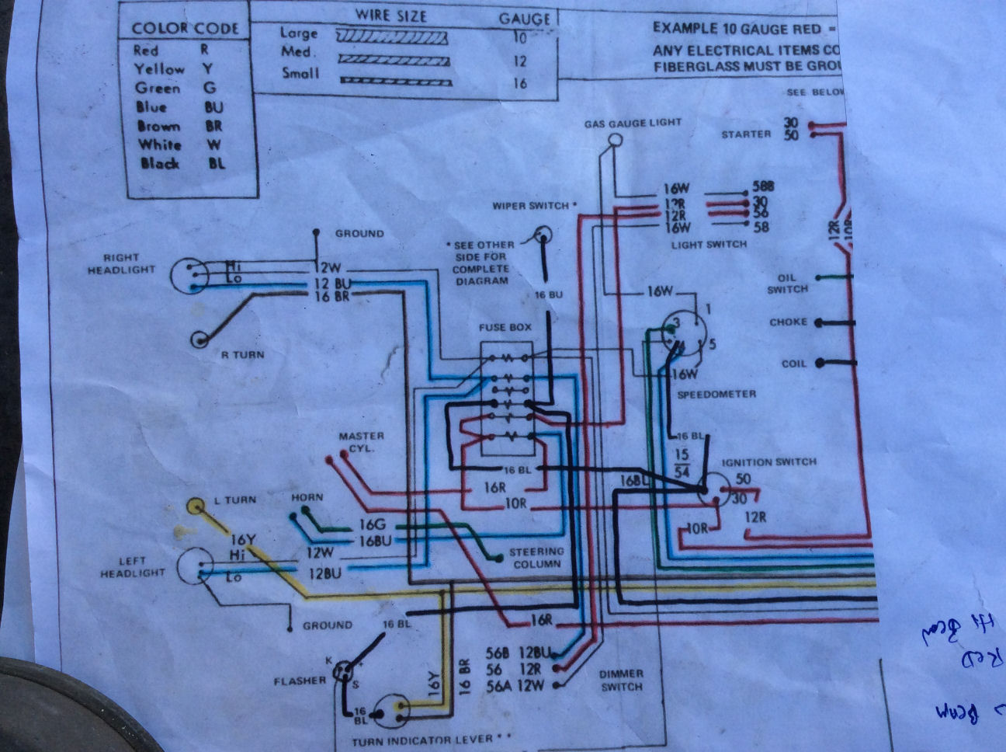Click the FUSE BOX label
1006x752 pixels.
tap(505, 327)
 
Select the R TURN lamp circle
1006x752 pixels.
tap(201, 339)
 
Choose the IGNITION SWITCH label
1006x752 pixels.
tap(768, 461)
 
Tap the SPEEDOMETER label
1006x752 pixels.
tap(716, 394)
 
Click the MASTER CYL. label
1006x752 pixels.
tap(356, 442)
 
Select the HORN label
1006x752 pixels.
tap(307, 497)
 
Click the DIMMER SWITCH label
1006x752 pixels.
tap(621, 680)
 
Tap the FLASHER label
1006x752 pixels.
tap(300, 681)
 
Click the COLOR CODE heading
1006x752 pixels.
tap(186, 29)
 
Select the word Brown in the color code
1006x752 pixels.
tap(158, 126)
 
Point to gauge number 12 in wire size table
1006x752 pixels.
tap(520, 61)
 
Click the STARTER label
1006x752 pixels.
tap(746, 134)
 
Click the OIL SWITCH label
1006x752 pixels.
tap(787, 284)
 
